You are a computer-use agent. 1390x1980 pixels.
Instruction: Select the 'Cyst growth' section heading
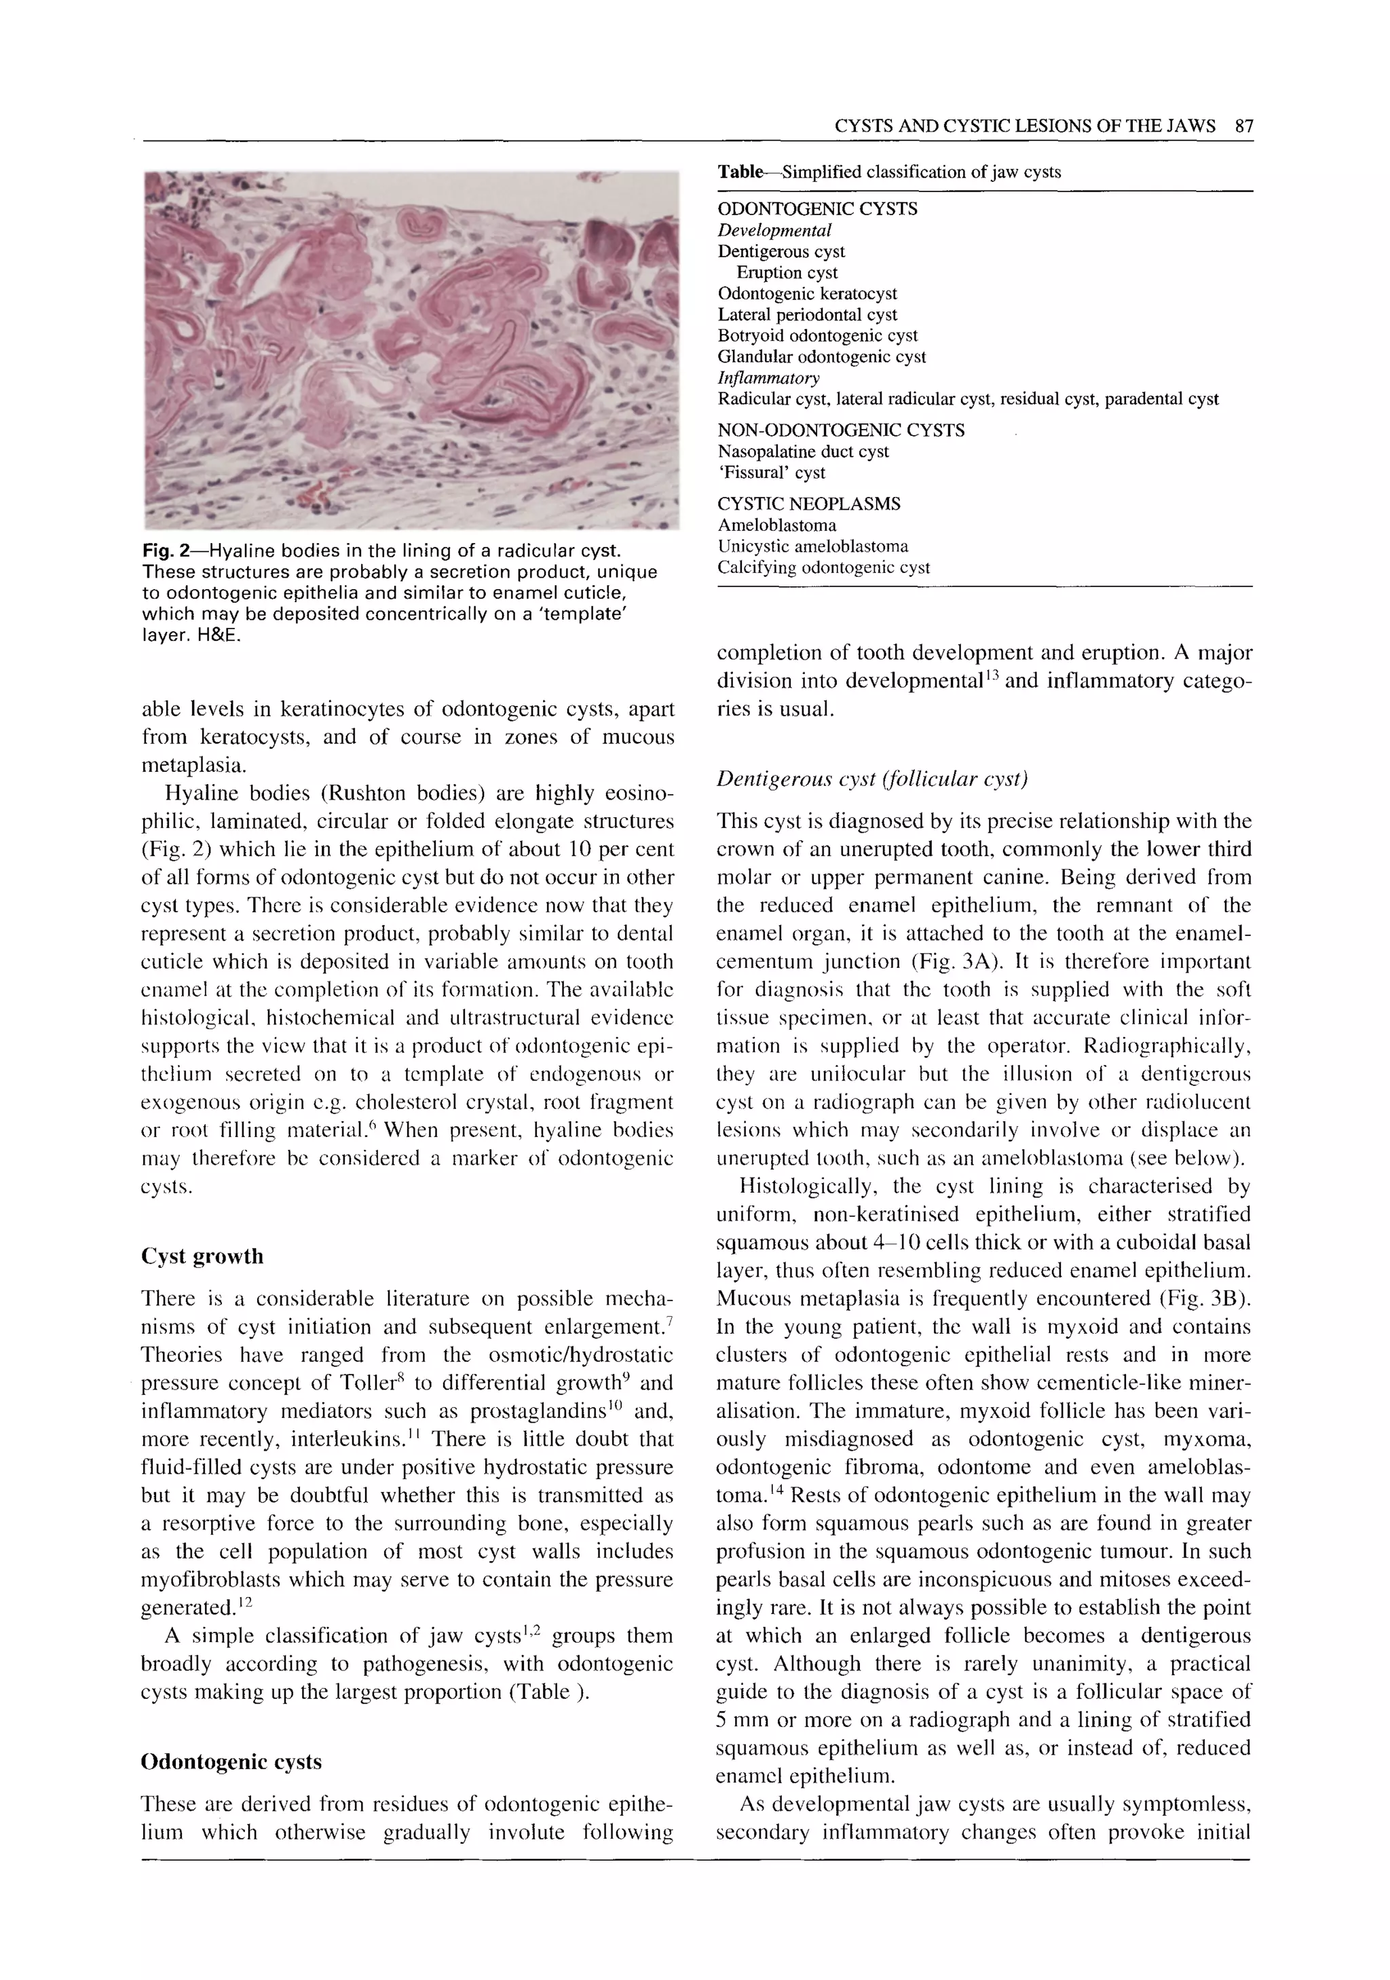click(202, 1256)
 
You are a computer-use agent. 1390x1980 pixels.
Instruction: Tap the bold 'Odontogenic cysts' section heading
click(230, 1762)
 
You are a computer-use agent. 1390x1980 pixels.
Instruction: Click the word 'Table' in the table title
click(740, 172)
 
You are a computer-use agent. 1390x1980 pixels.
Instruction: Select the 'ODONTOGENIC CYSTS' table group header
click(816, 208)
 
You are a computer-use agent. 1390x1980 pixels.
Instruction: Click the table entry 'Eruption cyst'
click(787, 272)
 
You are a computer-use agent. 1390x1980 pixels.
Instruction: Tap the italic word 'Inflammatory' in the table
click(768, 377)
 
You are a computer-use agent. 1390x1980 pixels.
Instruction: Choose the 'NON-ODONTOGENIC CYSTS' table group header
click(841, 430)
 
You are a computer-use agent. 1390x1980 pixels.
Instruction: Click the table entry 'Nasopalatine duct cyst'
click(803, 451)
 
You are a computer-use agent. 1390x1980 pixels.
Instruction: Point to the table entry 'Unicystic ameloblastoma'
click(812, 546)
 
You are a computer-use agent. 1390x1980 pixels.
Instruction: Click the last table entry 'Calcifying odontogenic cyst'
click(823, 567)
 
